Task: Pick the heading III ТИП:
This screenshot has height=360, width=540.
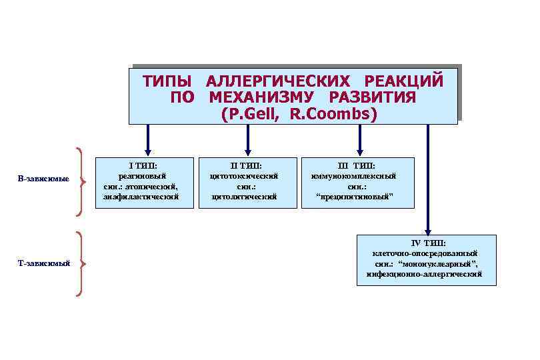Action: tap(357, 165)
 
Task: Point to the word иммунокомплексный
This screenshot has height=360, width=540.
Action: tap(357, 176)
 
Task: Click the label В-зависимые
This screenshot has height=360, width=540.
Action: tap(43, 179)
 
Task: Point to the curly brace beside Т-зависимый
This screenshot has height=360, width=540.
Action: tap(80, 264)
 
